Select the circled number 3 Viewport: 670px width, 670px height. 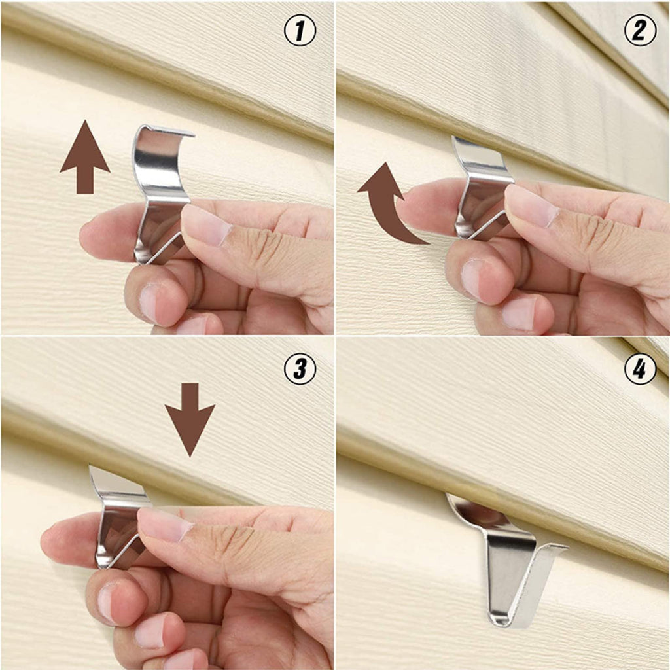(x=300, y=370)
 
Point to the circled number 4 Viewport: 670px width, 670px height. (x=640, y=370)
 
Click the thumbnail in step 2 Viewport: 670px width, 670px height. (x=531, y=205)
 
